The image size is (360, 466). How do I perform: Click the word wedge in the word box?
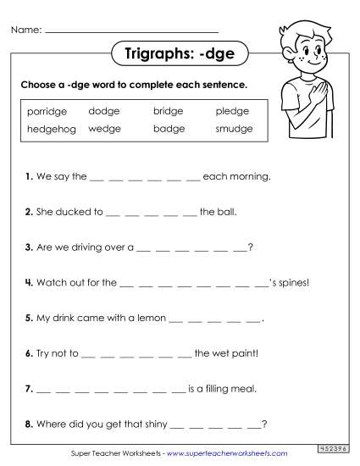[104, 129]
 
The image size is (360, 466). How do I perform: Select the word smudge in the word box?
[234, 129]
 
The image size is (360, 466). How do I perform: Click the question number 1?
[29, 177]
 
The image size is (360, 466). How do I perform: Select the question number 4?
[29, 283]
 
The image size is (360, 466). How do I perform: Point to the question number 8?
[29, 424]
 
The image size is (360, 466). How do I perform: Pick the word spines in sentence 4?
[292, 283]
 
